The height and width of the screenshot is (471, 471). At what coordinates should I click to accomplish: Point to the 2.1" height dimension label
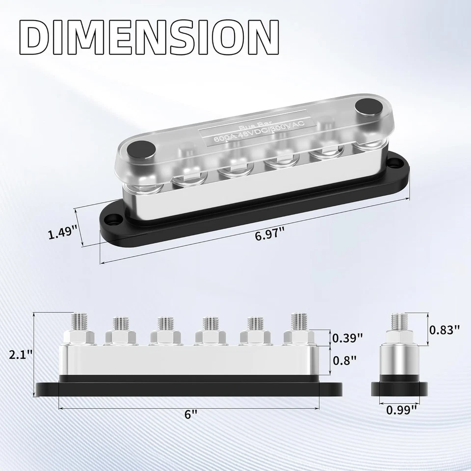click(x=20, y=353)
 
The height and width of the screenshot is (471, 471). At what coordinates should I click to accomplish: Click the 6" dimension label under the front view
click(x=191, y=414)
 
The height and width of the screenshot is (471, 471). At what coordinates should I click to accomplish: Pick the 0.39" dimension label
click(x=347, y=338)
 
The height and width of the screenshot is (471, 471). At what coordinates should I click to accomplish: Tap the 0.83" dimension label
click(x=444, y=330)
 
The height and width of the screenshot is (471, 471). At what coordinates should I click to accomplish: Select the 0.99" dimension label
click(x=402, y=408)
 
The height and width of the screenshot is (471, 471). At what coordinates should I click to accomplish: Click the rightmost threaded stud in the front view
click(x=298, y=321)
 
